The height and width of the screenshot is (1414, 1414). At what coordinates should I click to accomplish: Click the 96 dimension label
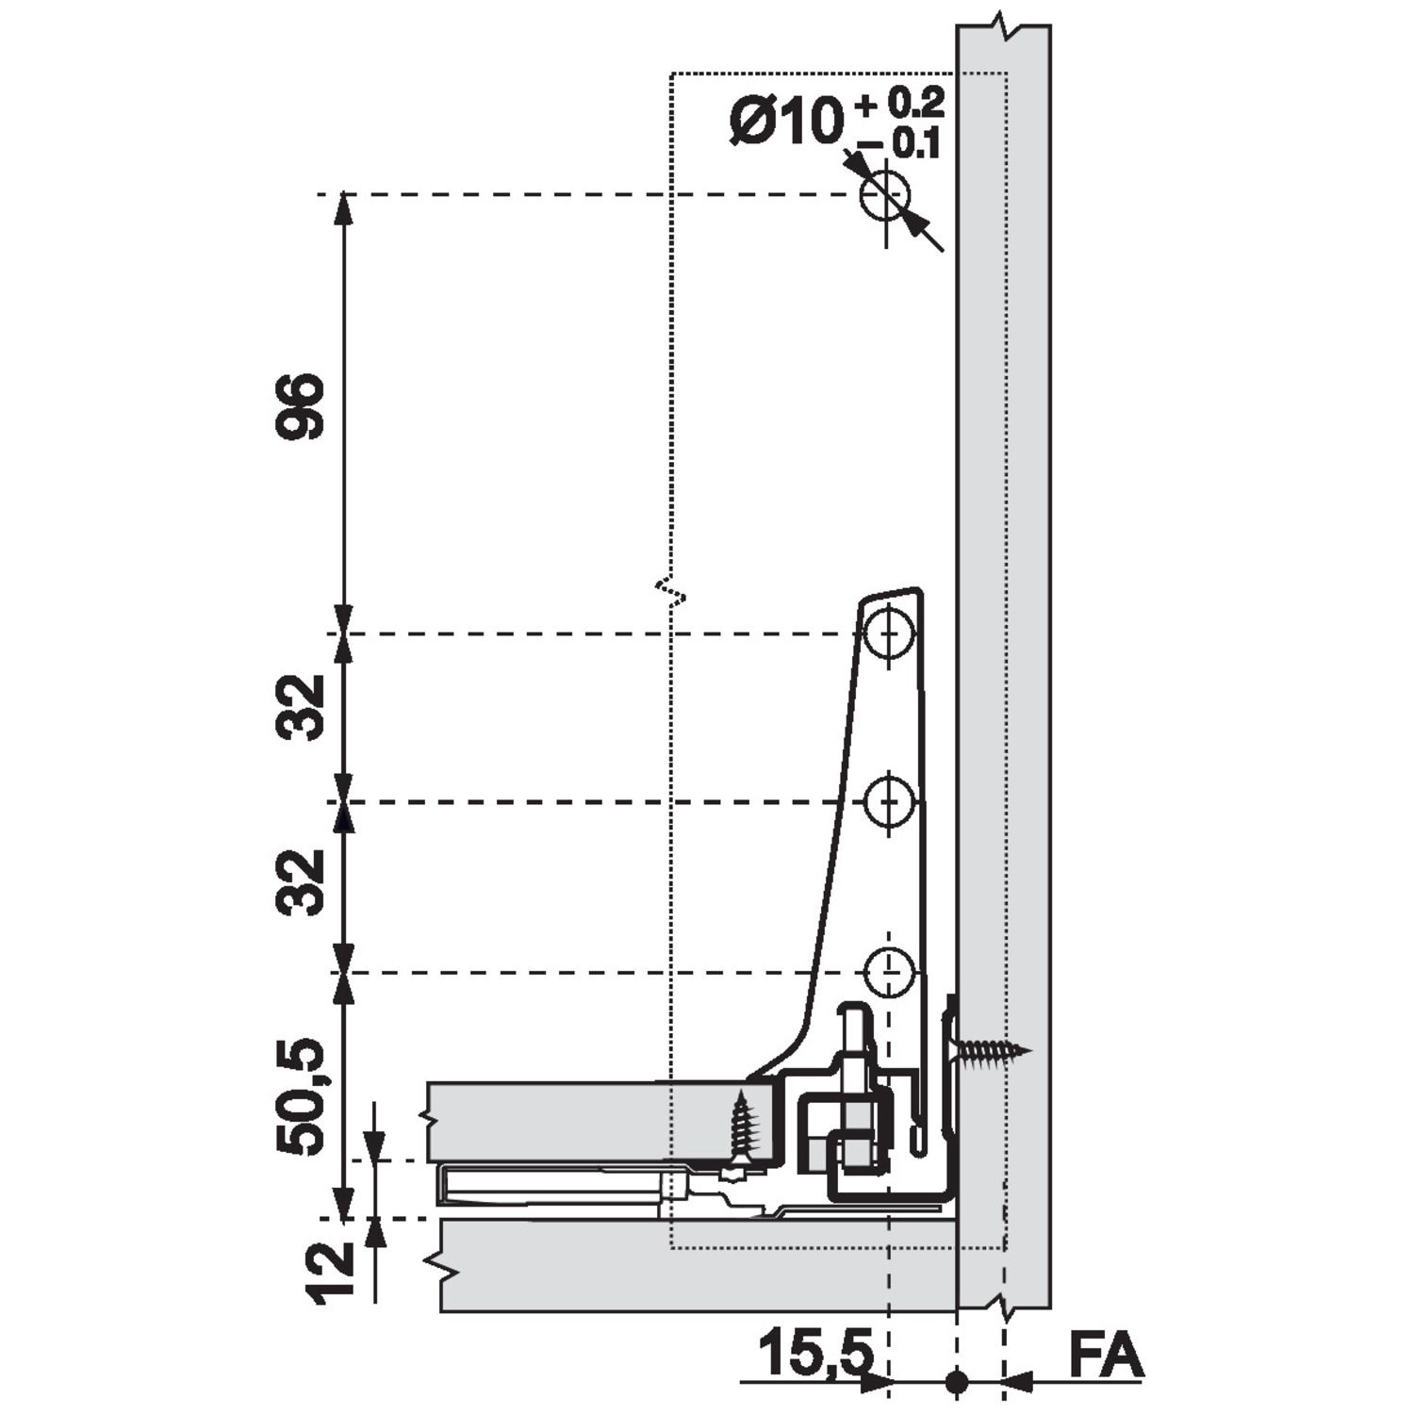pos(300,407)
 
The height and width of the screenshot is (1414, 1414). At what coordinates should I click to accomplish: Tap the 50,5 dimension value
pos(300,1097)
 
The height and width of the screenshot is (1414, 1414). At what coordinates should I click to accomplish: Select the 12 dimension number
pos(330,1273)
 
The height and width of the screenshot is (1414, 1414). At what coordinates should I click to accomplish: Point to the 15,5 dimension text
pos(816,1354)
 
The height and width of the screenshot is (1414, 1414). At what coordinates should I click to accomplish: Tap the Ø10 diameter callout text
pos(785,123)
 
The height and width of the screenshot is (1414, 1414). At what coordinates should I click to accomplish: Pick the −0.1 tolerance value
pos(899,143)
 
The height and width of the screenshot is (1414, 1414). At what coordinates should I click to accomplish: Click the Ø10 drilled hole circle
pos(885,196)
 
